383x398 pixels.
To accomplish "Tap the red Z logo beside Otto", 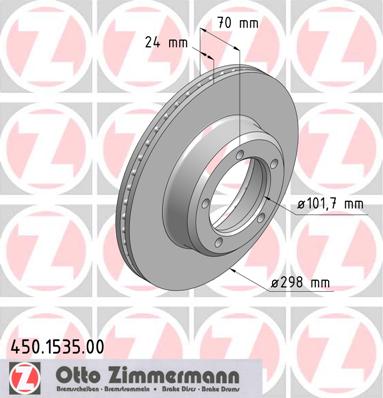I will (19, 380).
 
